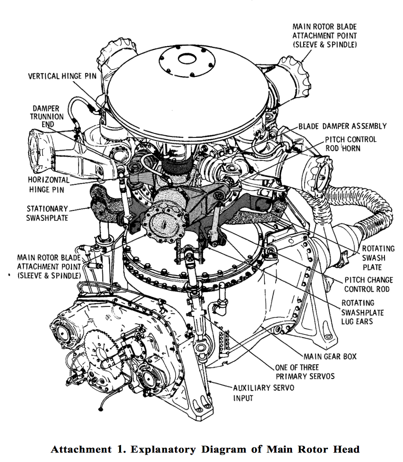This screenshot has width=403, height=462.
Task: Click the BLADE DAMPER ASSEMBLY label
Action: pyautogui.click(x=342, y=126)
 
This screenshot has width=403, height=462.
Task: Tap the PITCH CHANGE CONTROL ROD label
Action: pyautogui.click(x=366, y=284)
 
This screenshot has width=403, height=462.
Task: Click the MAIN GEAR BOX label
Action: pyautogui.click(x=330, y=357)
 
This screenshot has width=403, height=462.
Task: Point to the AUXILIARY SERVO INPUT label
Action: pyautogui.click(x=263, y=392)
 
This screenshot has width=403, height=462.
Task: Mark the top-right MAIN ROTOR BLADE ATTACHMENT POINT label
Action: pyautogui.click(x=324, y=35)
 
